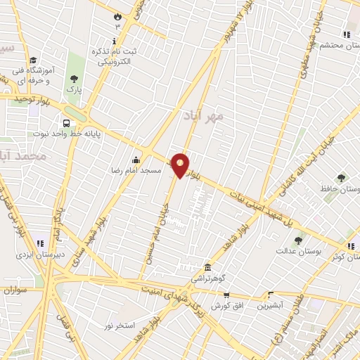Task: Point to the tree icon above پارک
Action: coord(73,79)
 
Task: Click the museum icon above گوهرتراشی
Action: coord(207,268)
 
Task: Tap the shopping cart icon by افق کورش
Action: coord(226,295)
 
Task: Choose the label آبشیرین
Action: coord(269,306)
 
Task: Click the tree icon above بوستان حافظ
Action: coord(342,179)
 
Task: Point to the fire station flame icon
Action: coord(117,15)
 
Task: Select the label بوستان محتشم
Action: coord(330,44)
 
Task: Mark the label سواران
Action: coord(14,290)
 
